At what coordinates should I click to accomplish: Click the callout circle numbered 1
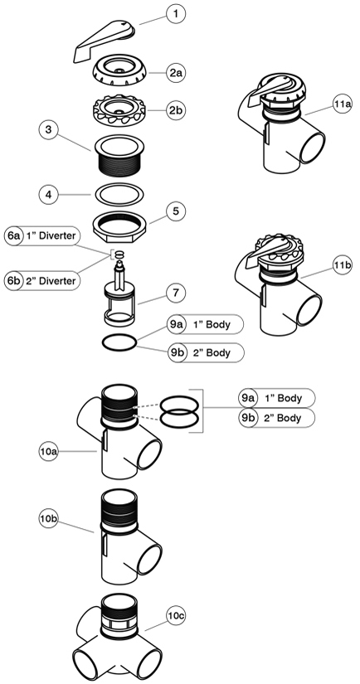point(175,14)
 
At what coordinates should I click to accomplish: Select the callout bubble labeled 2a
point(175,72)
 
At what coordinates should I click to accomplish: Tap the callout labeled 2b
point(175,110)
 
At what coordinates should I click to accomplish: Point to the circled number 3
point(48,129)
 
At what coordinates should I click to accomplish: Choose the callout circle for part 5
point(175,211)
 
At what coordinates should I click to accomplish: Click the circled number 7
point(175,293)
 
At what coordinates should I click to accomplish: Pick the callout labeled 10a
point(48,452)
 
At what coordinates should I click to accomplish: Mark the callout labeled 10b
point(48,519)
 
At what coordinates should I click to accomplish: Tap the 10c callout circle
point(175,615)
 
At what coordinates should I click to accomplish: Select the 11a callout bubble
point(342,104)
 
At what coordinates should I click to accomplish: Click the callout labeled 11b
point(342,264)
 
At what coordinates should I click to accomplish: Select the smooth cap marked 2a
point(119,72)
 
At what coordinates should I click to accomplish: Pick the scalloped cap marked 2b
point(119,111)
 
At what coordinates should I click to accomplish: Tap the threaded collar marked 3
point(119,156)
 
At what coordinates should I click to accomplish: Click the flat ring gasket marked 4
point(119,194)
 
